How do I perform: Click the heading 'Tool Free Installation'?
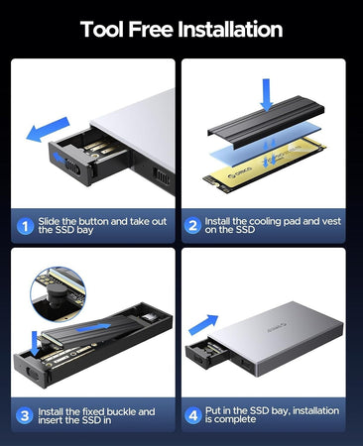pos(181,30)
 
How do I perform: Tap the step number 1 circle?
pos(25,224)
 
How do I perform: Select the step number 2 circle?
pos(192,224)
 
